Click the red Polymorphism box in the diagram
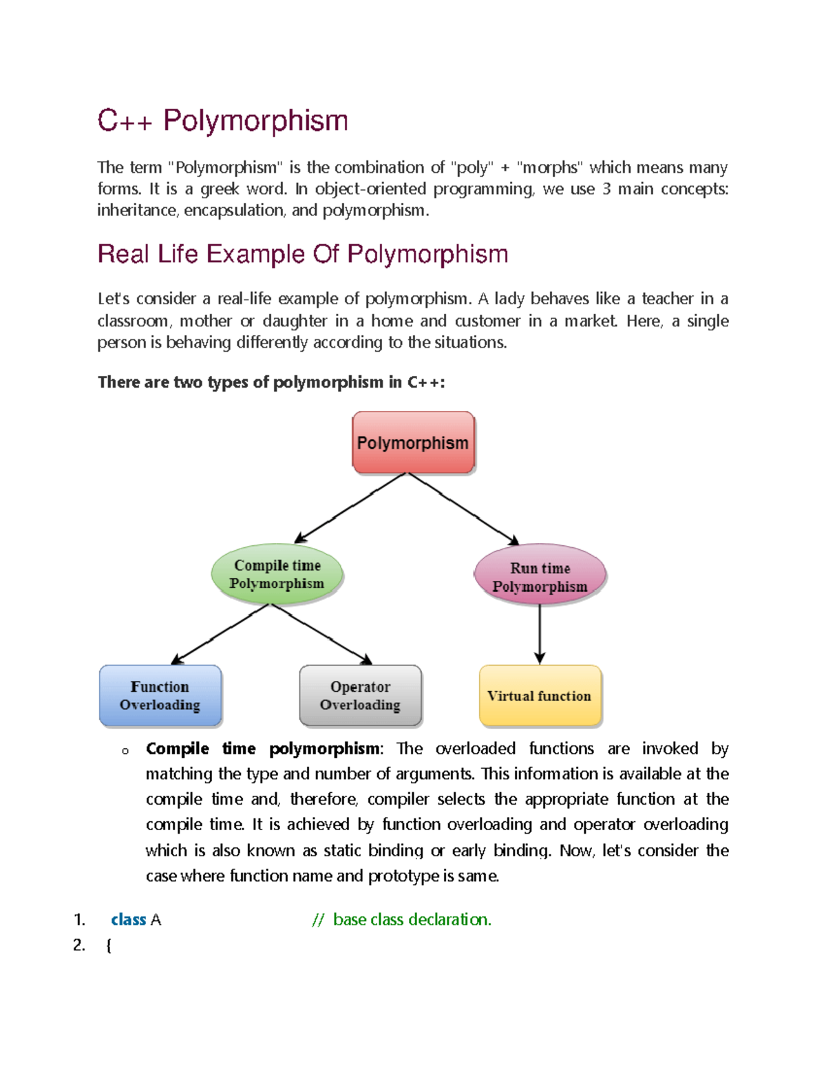pos(413,443)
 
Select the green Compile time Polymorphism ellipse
pos(277,574)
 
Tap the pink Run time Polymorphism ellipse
pos(540,576)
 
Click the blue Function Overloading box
pos(160,695)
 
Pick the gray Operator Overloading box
pos(360,695)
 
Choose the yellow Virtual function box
pos(540,695)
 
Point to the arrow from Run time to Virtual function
pos(540,633)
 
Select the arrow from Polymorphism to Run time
pos(463,507)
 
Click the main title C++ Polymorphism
pos(222,120)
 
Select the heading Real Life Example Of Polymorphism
pos(302,254)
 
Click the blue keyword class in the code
pos(128,920)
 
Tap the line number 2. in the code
pos(79,945)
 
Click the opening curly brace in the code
pos(109,946)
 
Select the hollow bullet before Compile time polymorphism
pos(125,751)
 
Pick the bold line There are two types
pos(271,382)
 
